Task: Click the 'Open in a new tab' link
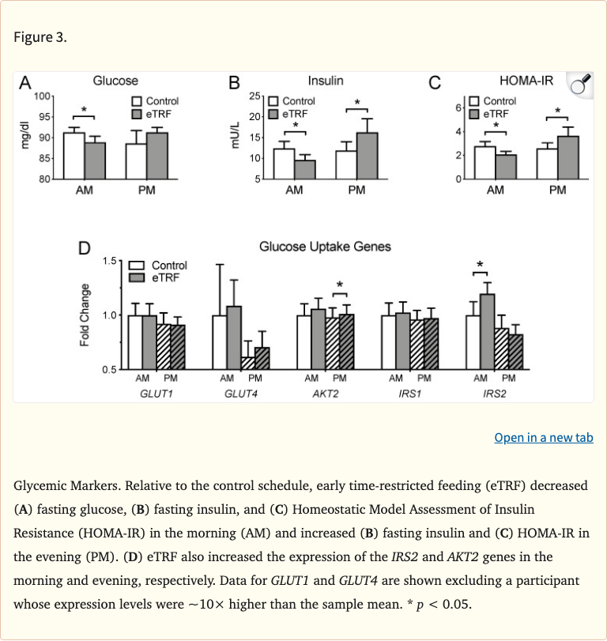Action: point(543,437)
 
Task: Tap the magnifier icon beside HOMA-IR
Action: point(581,85)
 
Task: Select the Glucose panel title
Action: point(115,81)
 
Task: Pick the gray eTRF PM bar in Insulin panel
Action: point(367,156)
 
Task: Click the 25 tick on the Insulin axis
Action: point(255,96)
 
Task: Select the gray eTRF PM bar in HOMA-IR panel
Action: point(567,157)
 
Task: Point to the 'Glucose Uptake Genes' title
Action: point(325,247)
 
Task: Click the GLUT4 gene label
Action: point(242,392)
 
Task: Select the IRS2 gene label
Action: point(494,392)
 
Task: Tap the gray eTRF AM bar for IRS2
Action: point(488,331)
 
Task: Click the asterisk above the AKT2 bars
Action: point(340,285)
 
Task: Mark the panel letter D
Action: point(84,248)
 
